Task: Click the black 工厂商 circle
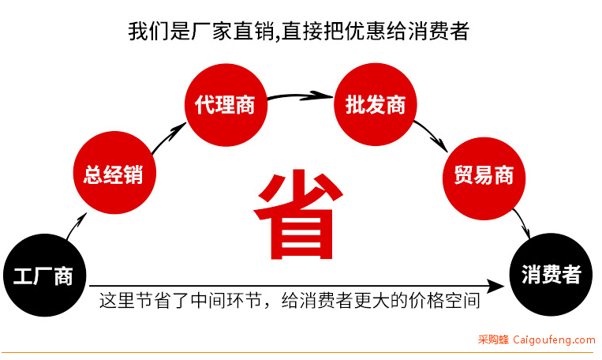click(44, 275)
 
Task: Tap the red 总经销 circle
click(114, 173)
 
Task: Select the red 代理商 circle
click(226, 104)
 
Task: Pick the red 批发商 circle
click(375, 104)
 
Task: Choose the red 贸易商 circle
click(484, 178)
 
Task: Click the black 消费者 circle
click(551, 274)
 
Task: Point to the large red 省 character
click(297, 215)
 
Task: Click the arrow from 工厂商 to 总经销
click(76, 226)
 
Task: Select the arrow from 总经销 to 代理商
click(168, 137)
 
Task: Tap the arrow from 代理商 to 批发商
click(301, 95)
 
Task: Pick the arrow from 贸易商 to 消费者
click(523, 223)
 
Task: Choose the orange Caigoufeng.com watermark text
click(554, 339)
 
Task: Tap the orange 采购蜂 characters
click(493, 339)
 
